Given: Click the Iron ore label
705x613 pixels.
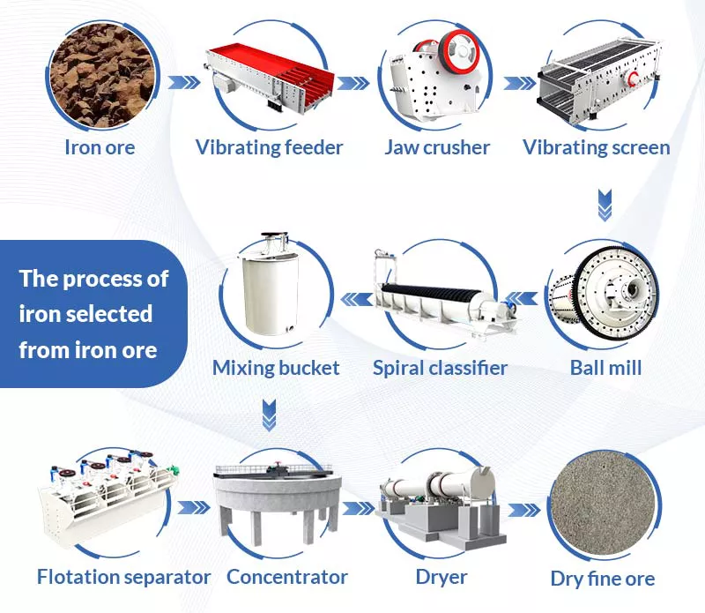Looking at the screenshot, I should pos(100,147).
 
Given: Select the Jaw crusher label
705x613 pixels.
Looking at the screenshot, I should pos(437,147).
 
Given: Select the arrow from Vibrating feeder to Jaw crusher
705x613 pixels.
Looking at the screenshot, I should pos(352,83).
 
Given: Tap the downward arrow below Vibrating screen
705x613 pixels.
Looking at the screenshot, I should pos(604,205).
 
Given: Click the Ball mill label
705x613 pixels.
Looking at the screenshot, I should pos(605,367).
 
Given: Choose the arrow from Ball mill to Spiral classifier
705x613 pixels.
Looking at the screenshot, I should pos(526,298).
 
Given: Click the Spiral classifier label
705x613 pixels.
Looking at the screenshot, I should pos(440,367).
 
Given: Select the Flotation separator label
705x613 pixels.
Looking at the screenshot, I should pos(124,577).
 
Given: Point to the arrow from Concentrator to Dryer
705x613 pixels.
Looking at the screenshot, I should pos(359,508).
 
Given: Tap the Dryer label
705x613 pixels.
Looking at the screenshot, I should pos(441,577).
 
